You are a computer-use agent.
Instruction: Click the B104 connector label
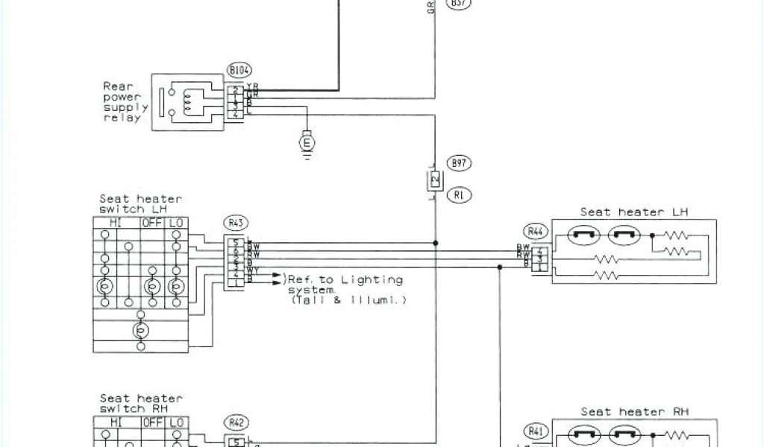(239, 70)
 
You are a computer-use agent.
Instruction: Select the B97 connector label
(459, 162)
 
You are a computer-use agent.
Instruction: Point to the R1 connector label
(459, 195)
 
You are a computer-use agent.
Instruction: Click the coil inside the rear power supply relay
(191, 102)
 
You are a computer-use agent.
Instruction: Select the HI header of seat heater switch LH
(116, 223)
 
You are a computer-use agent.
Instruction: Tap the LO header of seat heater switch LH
(177, 223)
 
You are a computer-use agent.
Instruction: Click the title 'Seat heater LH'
(633, 212)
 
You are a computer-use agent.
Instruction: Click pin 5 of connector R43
(237, 241)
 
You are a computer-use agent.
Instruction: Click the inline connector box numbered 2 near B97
(433, 179)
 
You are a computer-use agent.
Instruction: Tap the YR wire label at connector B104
(252, 88)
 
